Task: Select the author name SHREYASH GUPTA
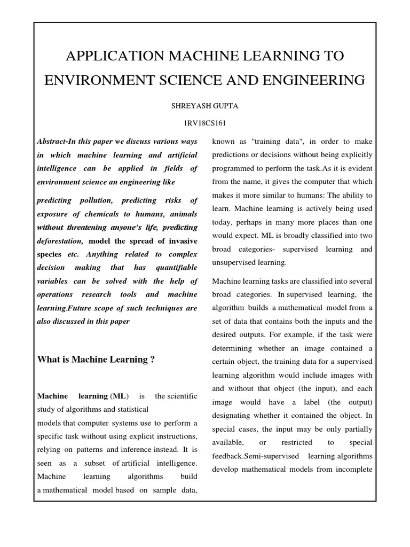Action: point(204,106)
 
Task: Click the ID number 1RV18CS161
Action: point(204,123)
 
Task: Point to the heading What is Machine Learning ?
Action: point(96,360)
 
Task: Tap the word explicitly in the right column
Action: point(353,154)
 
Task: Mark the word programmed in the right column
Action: point(235,168)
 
